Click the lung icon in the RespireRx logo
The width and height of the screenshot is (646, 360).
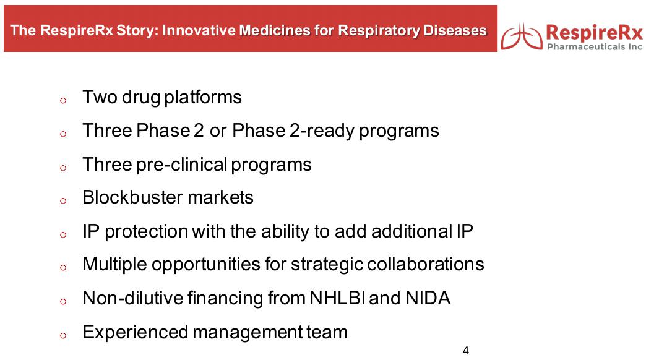click(x=522, y=36)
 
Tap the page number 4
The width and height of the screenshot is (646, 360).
click(x=465, y=351)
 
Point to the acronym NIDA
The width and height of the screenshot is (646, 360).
click(x=428, y=298)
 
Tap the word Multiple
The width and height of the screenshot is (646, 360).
click(x=114, y=265)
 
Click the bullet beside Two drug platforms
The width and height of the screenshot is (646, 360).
click(x=63, y=100)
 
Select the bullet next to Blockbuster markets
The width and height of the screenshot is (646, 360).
click(x=63, y=200)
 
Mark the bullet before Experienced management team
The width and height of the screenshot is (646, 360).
click(x=63, y=336)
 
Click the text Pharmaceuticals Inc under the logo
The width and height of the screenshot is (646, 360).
click(x=595, y=46)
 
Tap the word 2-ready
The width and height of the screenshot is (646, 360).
click(x=322, y=131)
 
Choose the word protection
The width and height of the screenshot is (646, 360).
click(x=146, y=231)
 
